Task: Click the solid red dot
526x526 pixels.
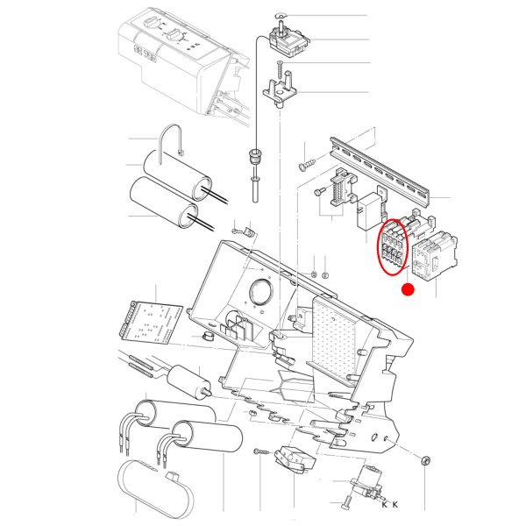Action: (x=408, y=289)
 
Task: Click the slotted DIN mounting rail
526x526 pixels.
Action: (x=379, y=170)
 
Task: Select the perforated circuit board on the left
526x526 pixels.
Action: (x=151, y=323)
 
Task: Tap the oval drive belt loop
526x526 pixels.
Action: (x=155, y=489)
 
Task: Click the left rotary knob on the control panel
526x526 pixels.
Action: (x=150, y=25)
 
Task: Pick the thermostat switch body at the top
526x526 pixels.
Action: (x=289, y=42)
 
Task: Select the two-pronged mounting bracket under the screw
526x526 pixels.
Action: (x=280, y=90)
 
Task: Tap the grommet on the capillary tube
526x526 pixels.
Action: (x=254, y=156)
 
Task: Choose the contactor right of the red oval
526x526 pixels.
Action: (x=434, y=255)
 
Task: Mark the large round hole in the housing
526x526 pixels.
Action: (x=260, y=292)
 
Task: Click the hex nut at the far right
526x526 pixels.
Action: (x=425, y=460)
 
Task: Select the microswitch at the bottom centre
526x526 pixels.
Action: (x=295, y=458)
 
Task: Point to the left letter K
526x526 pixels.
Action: (x=385, y=504)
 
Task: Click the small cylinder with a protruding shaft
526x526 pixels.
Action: (x=188, y=382)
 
